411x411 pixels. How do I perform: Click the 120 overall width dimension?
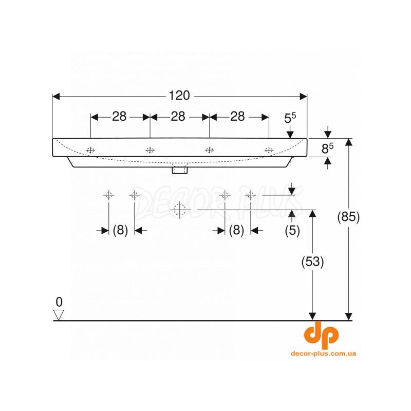pos(179,96)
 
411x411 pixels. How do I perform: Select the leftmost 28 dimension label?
pos(119,117)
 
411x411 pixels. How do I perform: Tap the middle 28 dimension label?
pos(178,117)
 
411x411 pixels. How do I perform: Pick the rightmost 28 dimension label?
pos(237,117)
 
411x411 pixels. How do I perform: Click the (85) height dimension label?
pos(348,217)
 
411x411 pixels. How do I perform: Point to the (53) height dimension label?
pos(312,261)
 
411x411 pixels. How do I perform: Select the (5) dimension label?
pos(292,231)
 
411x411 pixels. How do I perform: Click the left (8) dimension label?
pos(120,231)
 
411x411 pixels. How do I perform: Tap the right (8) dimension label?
pos(236,231)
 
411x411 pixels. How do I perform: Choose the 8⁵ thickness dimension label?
pos(327,148)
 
